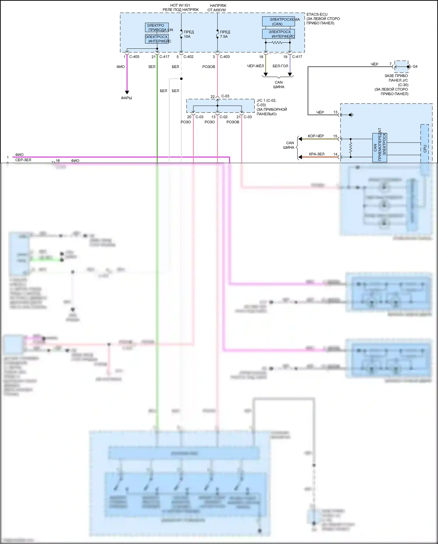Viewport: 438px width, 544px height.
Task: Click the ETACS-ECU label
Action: (x=317, y=14)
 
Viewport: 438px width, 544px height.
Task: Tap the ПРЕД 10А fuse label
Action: (x=188, y=34)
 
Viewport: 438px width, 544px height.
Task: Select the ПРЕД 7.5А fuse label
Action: (x=225, y=34)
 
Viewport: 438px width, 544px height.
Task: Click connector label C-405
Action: (x=134, y=57)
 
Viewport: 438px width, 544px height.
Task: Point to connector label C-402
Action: (x=188, y=57)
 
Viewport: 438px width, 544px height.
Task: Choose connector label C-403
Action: (x=224, y=57)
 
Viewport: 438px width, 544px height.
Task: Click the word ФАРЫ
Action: (x=127, y=98)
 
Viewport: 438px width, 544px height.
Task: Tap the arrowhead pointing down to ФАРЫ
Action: (x=127, y=92)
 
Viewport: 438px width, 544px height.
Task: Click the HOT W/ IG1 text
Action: (x=180, y=5)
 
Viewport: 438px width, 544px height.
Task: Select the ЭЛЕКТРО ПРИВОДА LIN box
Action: (x=157, y=27)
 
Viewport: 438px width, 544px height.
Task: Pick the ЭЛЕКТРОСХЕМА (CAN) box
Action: (x=278, y=22)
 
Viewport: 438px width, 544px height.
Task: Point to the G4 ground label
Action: (x=415, y=67)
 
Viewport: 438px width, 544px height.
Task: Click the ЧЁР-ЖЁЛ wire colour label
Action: (x=255, y=66)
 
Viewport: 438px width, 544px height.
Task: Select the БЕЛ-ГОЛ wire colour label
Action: (x=280, y=66)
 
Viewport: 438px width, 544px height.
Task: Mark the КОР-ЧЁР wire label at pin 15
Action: (x=316, y=136)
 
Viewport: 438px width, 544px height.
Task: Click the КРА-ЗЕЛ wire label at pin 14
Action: (x=316, y=154)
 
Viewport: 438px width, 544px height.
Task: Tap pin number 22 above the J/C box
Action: (x=212, y=97)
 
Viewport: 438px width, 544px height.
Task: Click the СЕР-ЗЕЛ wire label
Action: (x=23, y=160)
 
